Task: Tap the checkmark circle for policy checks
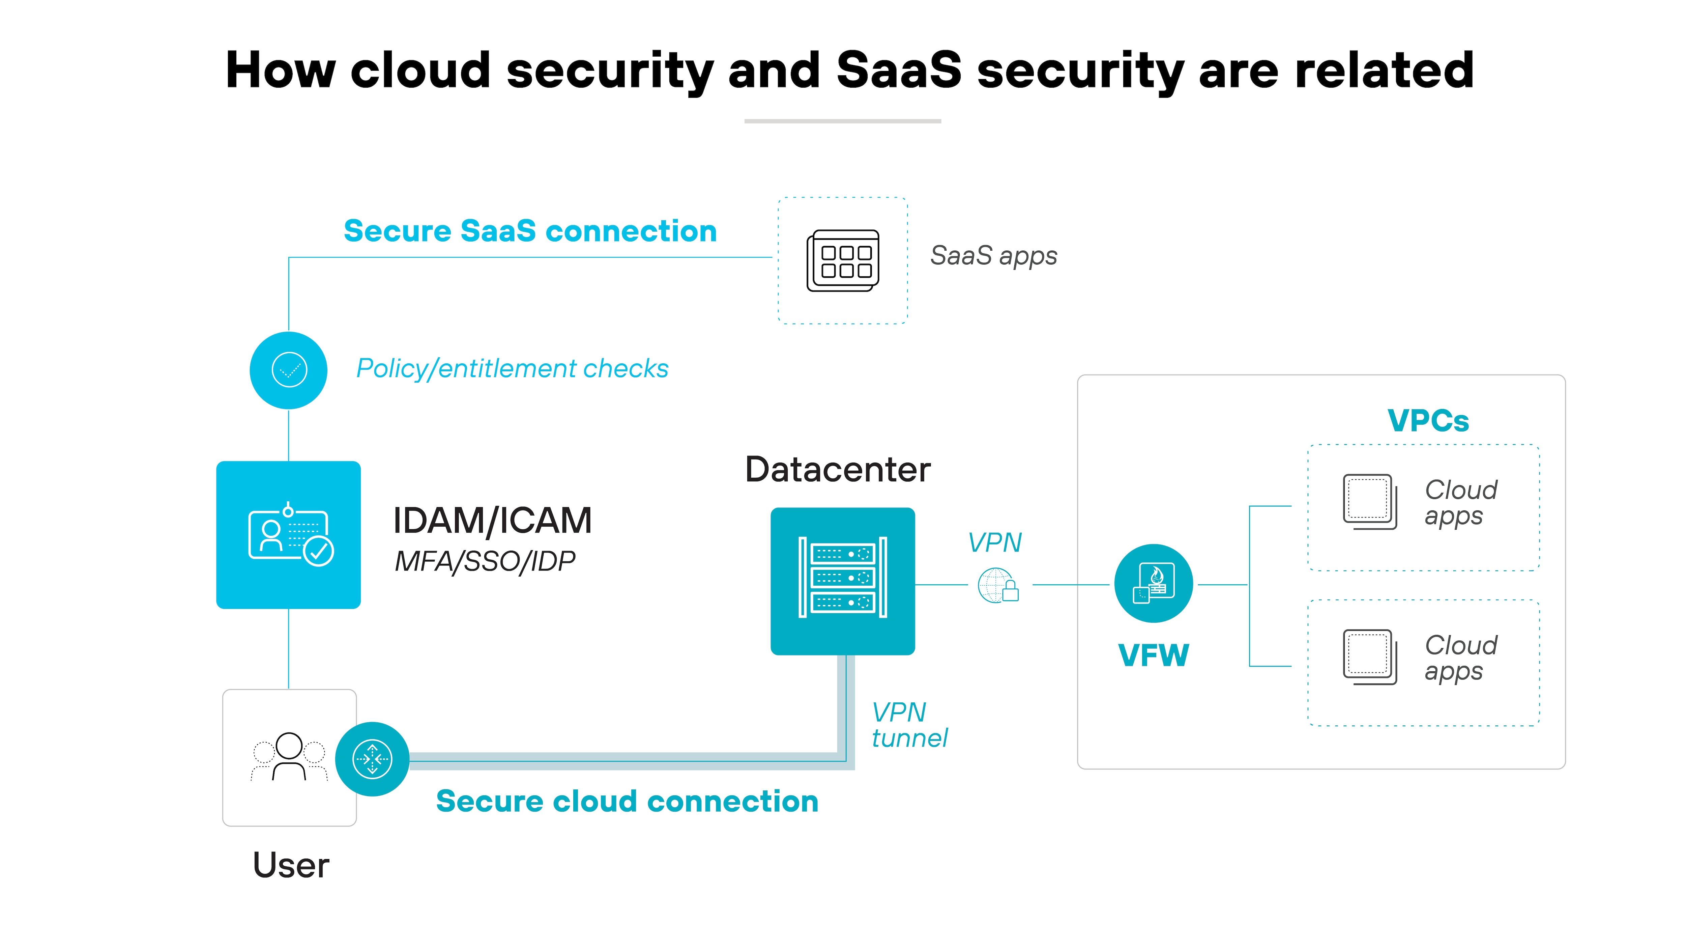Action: tap(289, 370)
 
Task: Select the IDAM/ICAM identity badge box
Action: tap(289, 534)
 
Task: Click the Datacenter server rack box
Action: tap(842, 581)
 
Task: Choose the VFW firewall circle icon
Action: tap(1153, 583)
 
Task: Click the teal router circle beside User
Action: tap(372, 759)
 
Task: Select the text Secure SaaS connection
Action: tap(530, 231)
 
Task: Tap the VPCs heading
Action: tap(1428, 420)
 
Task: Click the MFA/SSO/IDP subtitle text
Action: tap(485, 561)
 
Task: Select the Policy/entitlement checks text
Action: tap(512, 369)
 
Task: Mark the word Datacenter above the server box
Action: tap(838, 470)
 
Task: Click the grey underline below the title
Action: tap(842, 121)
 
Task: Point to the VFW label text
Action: tap(1153, 655)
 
